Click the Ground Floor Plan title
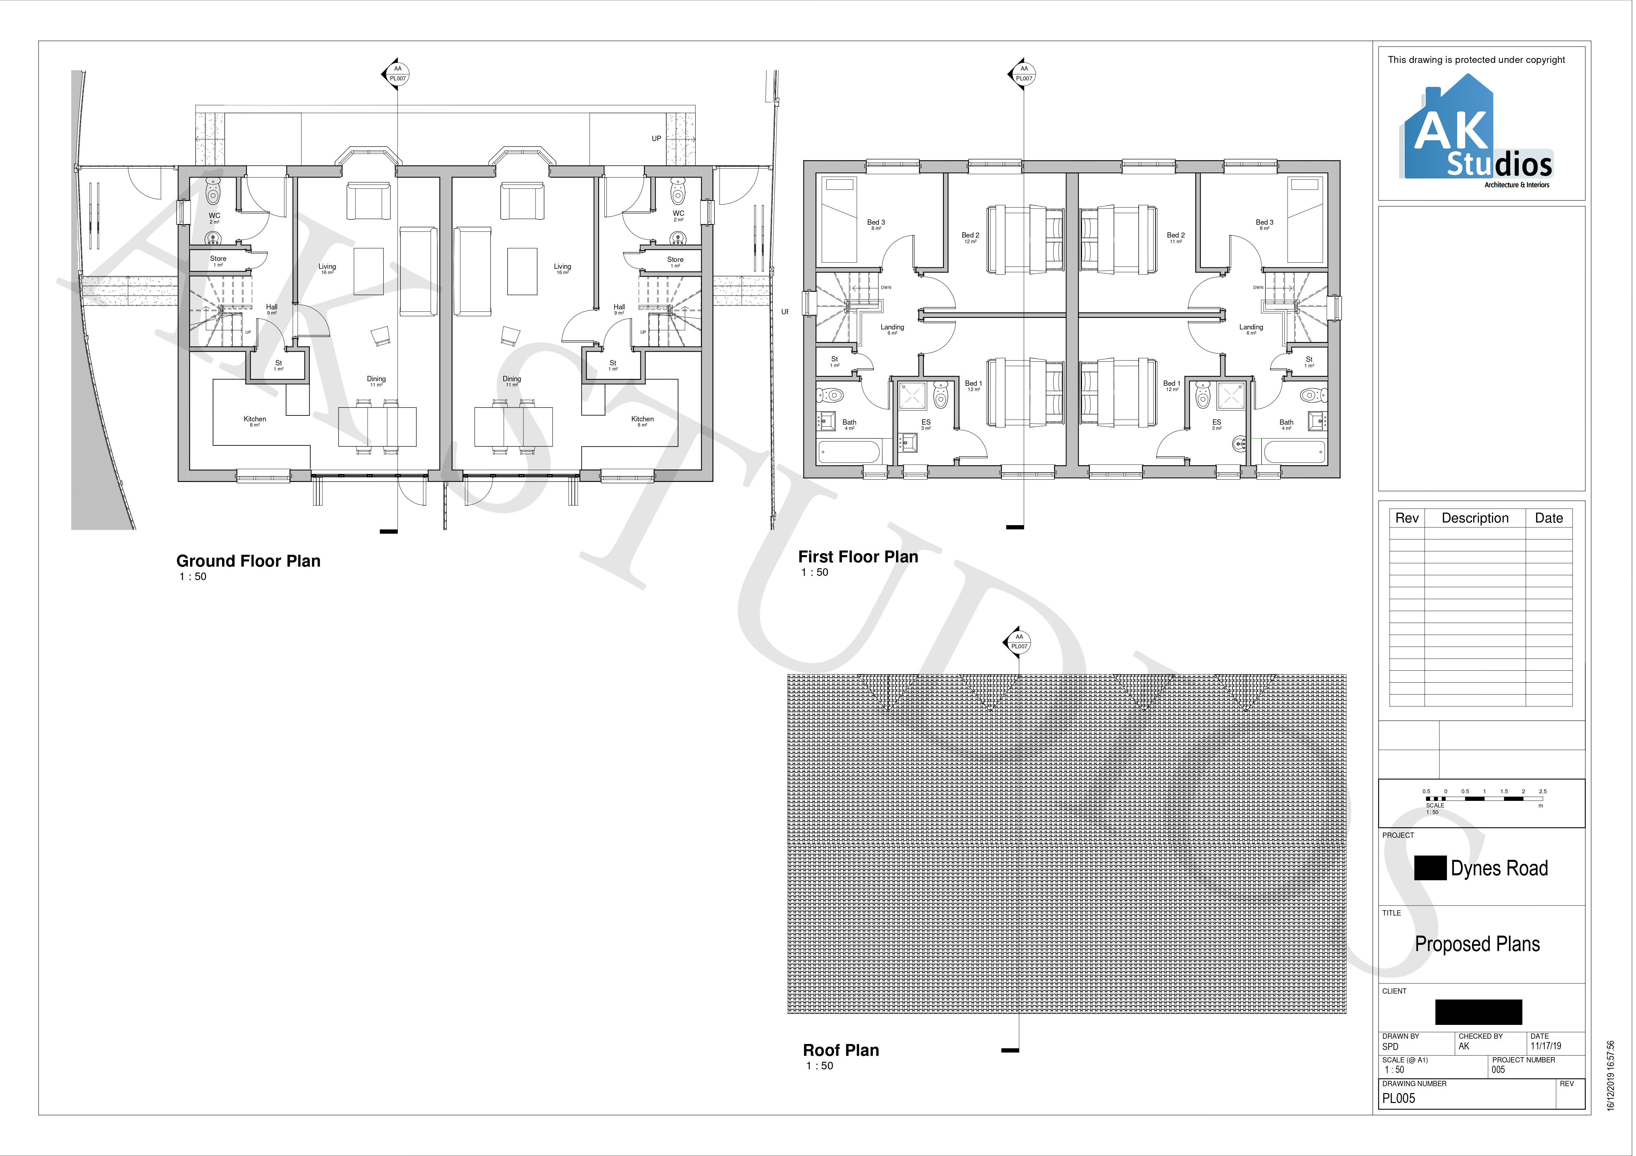248,561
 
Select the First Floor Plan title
858,557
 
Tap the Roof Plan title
841,1050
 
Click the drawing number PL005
1399,1098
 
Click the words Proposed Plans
1477,944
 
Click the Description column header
1475,518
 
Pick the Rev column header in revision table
1406,518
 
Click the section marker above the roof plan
1019,641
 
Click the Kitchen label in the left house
254,419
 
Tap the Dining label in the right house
512,379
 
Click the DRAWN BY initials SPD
1390,1047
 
